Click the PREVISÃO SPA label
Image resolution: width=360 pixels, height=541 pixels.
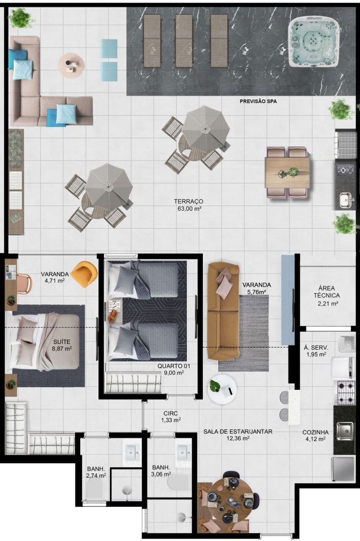tap(258, 101)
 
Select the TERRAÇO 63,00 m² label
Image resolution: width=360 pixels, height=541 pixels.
tap(188, 204)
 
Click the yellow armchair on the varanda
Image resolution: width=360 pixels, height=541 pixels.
tap(84, 274)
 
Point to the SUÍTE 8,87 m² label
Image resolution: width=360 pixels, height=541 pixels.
tap(62, 345)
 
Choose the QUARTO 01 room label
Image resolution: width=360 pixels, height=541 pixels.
tap(173, 369)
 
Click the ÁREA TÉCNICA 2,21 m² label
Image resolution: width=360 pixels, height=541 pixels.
tap(327, 296)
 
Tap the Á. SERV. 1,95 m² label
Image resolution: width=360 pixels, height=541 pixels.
tap(316, 351)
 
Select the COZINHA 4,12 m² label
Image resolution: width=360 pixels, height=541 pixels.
tap(316, 435)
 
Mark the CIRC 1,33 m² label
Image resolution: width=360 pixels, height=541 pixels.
tap(171, 416)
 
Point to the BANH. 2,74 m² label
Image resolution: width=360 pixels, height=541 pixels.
tap(96, 472)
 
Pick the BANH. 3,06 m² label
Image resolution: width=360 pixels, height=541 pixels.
tap(162, 471)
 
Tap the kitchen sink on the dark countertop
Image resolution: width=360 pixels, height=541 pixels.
tap(345, 431)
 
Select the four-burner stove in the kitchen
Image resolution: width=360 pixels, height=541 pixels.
tap(346, 393)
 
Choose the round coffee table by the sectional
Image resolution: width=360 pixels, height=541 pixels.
tap(71, 66)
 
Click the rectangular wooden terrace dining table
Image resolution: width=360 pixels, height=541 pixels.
tap(288, 173)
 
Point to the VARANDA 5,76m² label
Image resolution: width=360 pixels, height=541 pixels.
tap(256, 288)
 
